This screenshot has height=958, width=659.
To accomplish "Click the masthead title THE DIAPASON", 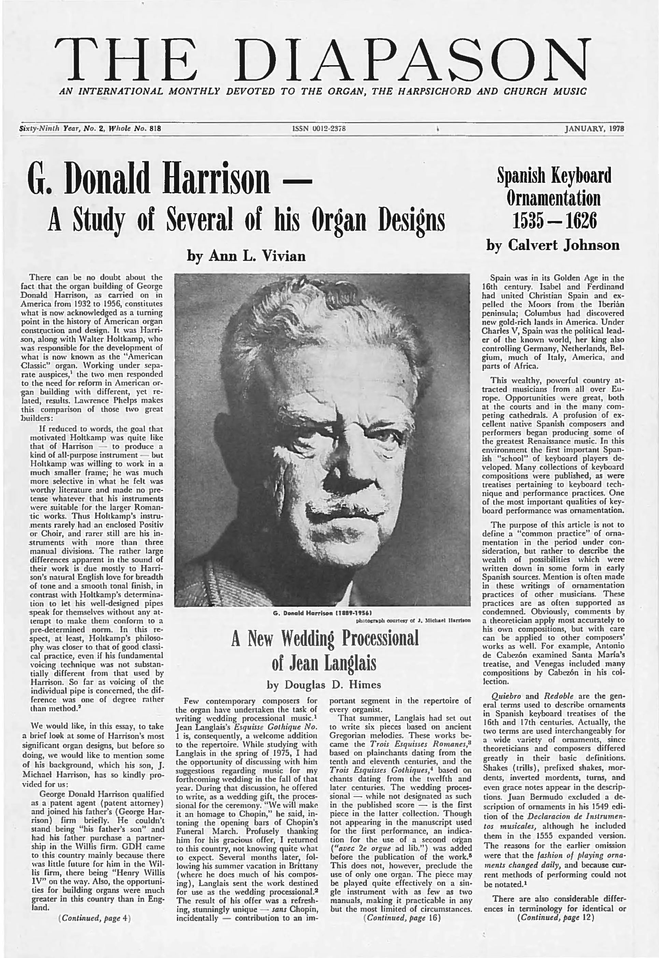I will pyautogui.click(x=323, y=61).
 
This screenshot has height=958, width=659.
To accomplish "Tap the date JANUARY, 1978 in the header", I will pyautogui.click(x=594, y=129).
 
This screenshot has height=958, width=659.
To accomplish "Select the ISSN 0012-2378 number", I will pyautogui.click(x=318, y=129).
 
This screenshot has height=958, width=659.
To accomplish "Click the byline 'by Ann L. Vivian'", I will pyautogui.click(x=246, y=256).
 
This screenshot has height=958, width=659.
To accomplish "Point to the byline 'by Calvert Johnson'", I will pyautogui.click(x=553, y=245).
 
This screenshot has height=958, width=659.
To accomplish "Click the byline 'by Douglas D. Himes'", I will pyautogui.click(x=324, y=685).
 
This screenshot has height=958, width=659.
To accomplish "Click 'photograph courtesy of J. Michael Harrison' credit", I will pyautogui.click(x=413, y=620).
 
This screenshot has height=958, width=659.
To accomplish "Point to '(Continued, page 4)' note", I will pyautogui.click(x=95, y=918).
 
